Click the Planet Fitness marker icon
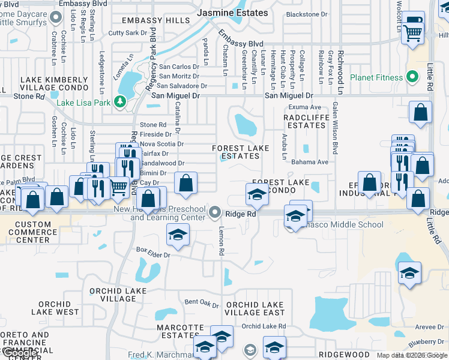(412, 77)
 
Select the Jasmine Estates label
(234, 13)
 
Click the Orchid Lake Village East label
(255, 308)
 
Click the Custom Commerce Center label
(33, 232)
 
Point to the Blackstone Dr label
(307, 14)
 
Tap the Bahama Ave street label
(310, 162)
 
